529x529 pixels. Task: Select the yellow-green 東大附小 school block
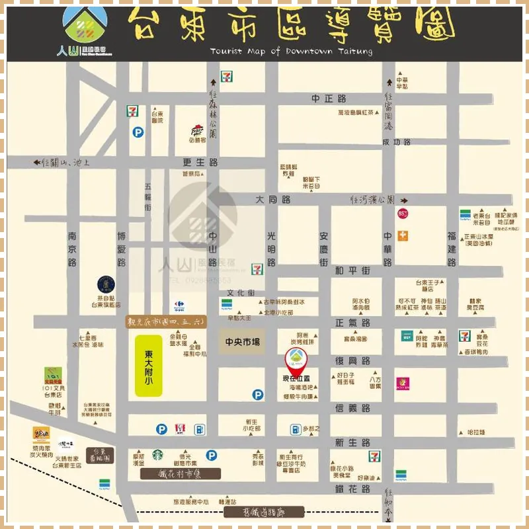[149, 364]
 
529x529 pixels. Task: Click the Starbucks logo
[159, 455]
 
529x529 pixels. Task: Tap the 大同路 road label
[273, 199]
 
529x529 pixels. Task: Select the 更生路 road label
[200, 162]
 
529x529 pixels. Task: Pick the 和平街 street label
[352, 270]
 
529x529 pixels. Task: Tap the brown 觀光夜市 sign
[168, 321]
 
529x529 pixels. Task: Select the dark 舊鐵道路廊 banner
[263, 511]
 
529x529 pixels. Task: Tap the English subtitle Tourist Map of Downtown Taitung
[291, 51]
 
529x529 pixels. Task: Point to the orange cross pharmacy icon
[402, 236]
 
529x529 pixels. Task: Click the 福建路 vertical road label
[452, 249]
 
